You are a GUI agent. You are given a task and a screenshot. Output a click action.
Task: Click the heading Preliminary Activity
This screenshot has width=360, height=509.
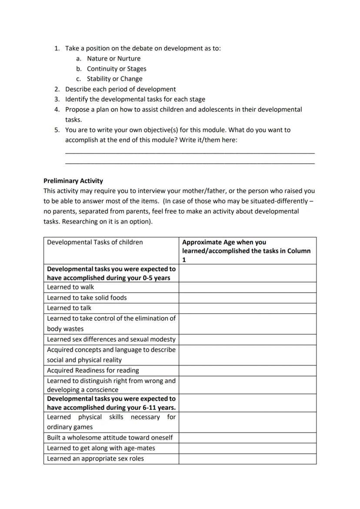tap(73, 181)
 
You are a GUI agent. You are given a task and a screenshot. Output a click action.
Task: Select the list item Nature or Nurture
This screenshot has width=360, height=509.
tap(113, 58)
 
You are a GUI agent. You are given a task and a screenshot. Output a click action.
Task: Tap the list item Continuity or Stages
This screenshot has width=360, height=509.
tap(117, 69)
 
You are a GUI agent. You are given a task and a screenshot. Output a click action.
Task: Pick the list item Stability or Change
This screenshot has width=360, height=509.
tap(114, 79)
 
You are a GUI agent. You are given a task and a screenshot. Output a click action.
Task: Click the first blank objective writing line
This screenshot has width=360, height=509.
tap(190, 152)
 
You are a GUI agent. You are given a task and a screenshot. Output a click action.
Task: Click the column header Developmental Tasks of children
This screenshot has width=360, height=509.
tap(95, 242)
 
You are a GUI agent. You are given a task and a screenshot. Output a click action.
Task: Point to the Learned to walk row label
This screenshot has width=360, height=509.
tap(70, 287)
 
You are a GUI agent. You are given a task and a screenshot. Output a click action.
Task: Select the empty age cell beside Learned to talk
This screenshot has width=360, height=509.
tap(247, 308)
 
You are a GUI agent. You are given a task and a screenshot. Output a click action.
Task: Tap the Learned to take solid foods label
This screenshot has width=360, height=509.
tap(87, 298)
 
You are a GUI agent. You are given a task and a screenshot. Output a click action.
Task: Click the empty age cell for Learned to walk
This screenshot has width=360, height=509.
tap(247, 287)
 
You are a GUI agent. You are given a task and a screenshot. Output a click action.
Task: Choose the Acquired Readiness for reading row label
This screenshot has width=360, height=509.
tap(93, 370)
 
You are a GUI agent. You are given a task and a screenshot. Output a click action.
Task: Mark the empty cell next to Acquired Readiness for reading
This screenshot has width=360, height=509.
tap(247, 371)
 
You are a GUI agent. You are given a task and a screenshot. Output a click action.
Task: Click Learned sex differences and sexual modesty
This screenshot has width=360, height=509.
tap(111, 339)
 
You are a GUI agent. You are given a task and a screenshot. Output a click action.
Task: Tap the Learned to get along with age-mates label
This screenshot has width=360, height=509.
tap(101, 448)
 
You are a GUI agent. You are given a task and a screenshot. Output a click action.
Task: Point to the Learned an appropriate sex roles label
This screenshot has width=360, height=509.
tap(95, 459)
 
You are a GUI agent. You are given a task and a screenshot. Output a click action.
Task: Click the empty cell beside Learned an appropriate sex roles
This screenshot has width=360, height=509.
tap(247, 459)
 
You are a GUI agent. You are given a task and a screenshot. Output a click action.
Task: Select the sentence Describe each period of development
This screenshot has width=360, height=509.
tap(120, 89)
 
